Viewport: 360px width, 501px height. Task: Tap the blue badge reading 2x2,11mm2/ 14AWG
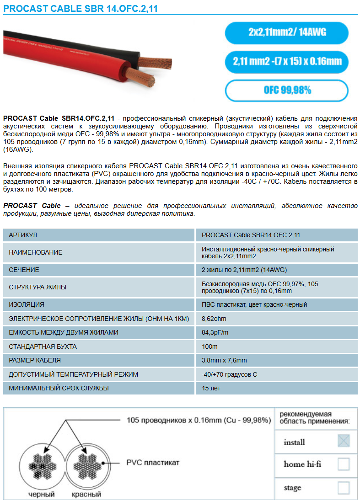287,33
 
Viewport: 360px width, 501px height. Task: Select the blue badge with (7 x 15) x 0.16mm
287,62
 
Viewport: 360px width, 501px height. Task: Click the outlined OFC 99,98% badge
287,90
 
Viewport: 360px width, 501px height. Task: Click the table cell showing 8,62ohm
214,319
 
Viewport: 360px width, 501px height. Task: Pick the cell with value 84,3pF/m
215,332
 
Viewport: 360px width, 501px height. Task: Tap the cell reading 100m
210,346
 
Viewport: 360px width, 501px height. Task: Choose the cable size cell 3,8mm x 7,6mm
224,360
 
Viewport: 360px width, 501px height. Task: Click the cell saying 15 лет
211,388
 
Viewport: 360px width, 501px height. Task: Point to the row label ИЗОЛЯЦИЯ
27,304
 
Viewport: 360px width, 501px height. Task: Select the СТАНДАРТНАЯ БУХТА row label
43,346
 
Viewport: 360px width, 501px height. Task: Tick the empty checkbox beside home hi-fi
344,464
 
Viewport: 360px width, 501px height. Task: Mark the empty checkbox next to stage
344,488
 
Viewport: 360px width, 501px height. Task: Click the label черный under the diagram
42,494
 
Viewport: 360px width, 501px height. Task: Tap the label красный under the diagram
86,494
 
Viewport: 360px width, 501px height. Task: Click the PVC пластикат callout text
153,463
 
